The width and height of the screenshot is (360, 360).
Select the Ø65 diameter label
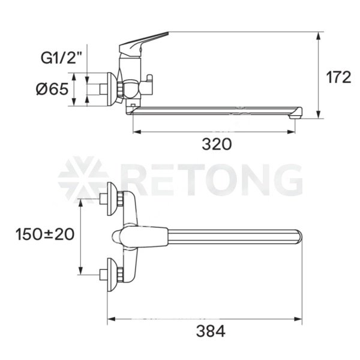52,89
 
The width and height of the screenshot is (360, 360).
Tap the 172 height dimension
338,77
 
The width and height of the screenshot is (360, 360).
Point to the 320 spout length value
217,144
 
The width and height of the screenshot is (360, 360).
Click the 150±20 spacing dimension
45,235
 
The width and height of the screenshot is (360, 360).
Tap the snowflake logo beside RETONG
83,179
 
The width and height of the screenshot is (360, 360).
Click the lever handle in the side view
143,43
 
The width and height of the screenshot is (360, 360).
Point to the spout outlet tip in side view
295,116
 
